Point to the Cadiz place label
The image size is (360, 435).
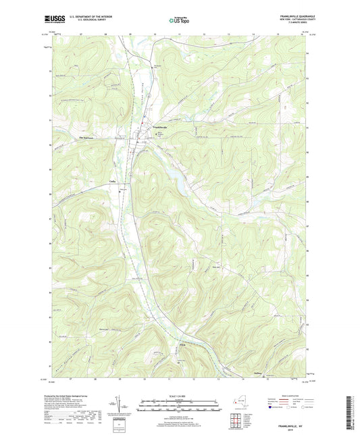113,181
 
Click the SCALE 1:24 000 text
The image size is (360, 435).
179,396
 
